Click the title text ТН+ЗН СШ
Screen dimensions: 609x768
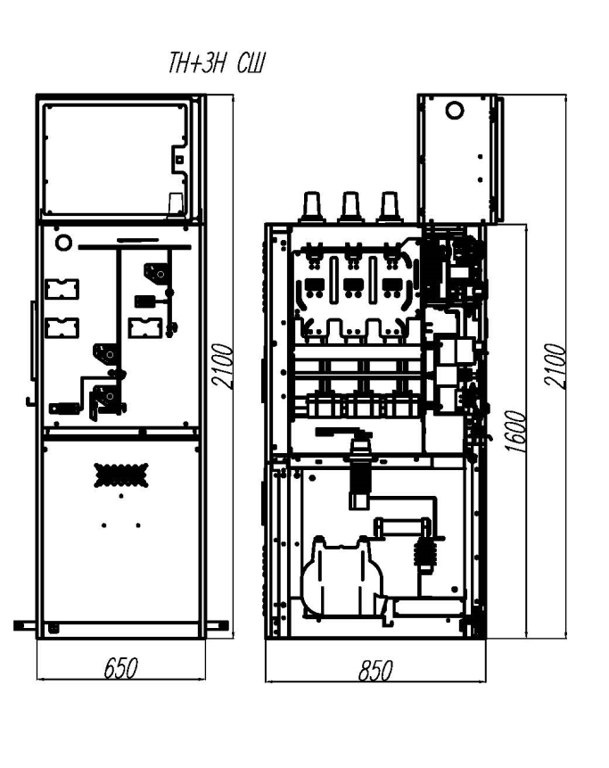point(217,63)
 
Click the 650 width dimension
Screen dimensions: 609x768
point(121,668)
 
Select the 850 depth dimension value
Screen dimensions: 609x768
point(375,671)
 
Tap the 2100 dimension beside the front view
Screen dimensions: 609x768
point(224,366)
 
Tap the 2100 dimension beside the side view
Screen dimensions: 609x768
point(556,366)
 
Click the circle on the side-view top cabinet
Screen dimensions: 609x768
point(455,111)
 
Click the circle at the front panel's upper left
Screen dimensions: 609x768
point(63,242)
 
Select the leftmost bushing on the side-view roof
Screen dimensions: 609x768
point(312,207)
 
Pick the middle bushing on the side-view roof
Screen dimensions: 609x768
point(350,207)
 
